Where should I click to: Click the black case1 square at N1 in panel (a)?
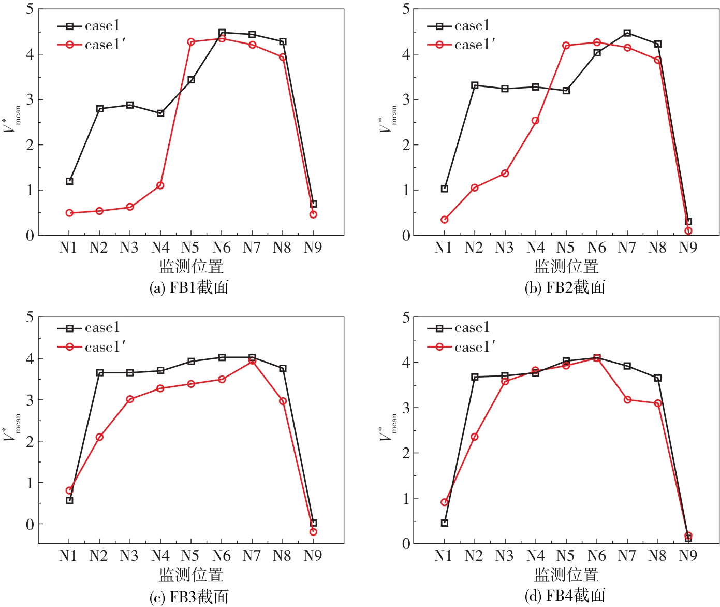(x=69, y=181)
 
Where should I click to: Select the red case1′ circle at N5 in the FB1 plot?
(x=191, y=42)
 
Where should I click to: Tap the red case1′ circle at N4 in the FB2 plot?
(x=535, y=121)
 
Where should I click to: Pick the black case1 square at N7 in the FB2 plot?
(x=627, y=33)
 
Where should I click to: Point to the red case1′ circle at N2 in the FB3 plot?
(x=99, y=437)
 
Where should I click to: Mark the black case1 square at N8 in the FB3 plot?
(x=283, y=368)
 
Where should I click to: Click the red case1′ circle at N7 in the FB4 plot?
(x=627, y=400)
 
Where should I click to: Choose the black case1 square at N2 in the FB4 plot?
(x=475, y=377)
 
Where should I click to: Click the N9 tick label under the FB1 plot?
(x=313, y=248)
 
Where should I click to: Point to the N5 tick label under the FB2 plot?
(x=566, y=248)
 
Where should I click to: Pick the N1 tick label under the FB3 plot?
(x=68, y=556)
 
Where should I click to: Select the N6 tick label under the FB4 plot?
(x=596, y=556)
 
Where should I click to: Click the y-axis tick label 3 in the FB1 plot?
(x=30, y=99)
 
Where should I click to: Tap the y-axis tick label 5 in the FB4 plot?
(x=406, y=317)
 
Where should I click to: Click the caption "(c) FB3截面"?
(x=189, y=597)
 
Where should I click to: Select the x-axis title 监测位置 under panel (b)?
(x=566, y=267)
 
